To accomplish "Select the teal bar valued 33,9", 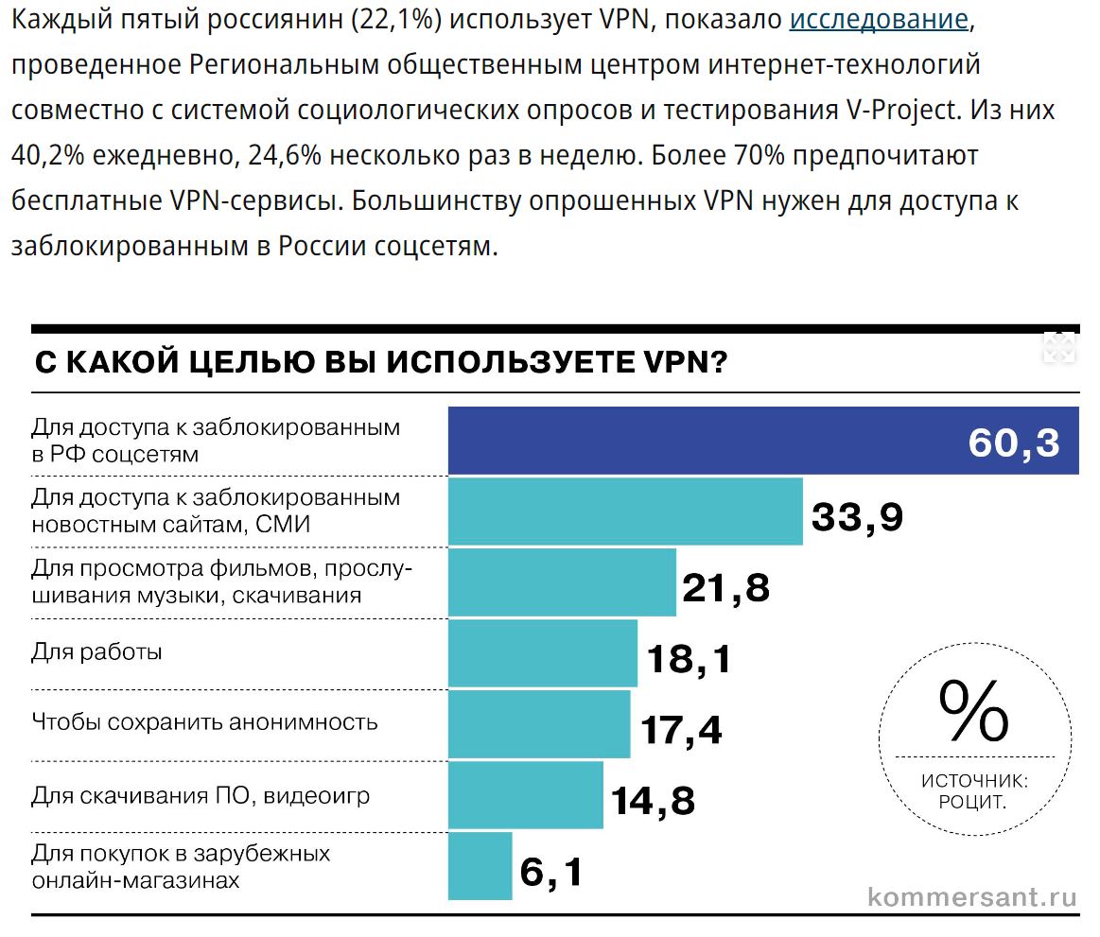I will [624, 512].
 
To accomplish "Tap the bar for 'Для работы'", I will [542, 652].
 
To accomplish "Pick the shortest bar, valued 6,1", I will [480, 866].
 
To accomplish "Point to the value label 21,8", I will [726, 588].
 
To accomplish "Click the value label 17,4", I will [681, 729].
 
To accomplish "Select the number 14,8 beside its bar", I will [653, 801].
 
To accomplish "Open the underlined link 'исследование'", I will [879, 20].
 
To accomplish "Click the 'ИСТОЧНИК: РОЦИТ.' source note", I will [973, 791].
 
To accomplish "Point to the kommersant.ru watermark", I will [972, 896].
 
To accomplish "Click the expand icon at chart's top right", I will [1059, 347].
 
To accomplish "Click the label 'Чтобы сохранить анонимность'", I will [204, 722].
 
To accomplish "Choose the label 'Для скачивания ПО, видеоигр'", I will [201, 795].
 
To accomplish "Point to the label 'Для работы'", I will [96, 651].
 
